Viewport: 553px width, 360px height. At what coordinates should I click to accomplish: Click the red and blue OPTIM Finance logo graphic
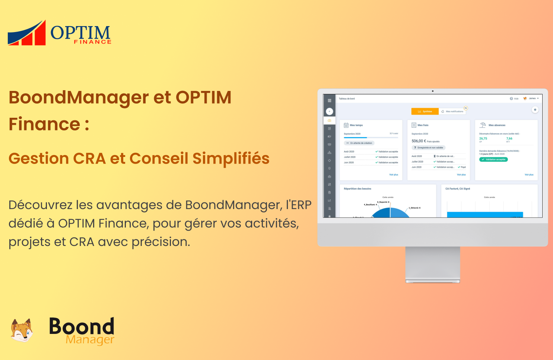pos(27,33)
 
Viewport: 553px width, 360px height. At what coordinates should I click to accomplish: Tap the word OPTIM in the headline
pos(203,98)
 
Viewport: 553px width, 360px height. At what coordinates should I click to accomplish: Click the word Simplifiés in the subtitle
pos(231,158)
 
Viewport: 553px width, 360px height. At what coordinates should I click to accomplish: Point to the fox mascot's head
pos(22,330)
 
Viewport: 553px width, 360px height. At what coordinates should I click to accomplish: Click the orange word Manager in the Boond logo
pos(90,340)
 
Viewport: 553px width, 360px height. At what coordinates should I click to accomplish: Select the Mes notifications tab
pos(452,111)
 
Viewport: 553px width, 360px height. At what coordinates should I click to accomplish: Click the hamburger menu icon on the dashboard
pos(329,101)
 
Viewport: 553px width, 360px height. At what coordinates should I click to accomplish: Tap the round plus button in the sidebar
pos(329,111)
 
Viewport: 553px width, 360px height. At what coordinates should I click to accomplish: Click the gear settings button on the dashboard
pos(535,110)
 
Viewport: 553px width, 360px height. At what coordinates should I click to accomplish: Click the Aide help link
pos(514,99)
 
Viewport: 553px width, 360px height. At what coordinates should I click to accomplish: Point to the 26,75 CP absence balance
pos(483,139)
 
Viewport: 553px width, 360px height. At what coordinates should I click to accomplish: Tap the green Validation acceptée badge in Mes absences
pos(493,160)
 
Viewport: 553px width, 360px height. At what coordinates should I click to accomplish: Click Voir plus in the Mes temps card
pos(393,175)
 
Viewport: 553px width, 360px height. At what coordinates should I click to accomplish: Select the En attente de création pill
pos(359,143)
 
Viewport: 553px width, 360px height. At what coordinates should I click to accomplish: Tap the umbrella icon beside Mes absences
pos(483,125)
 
